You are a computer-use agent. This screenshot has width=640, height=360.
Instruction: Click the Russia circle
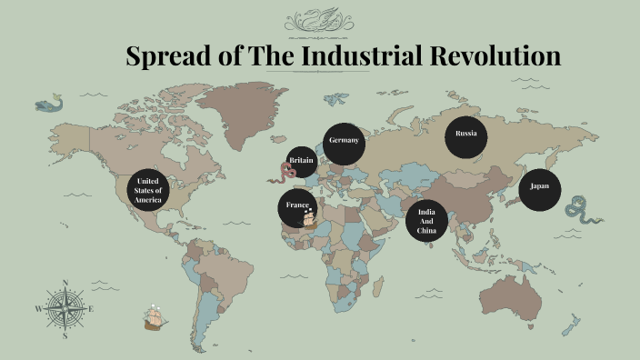(x=465, y=135)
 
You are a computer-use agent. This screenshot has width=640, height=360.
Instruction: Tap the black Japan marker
(x=540, y=187)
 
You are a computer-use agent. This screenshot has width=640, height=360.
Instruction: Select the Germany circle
(x=345, y=142)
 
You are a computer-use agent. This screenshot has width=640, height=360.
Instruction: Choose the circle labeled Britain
(x=302, y=161)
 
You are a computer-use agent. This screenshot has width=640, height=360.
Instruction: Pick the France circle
(x=296, y=206)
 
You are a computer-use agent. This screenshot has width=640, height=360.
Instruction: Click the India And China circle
(x=426, y=221)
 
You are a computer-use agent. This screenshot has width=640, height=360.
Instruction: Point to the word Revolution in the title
(x=491, y=56)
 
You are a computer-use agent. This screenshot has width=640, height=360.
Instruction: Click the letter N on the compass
(x=65, y=283)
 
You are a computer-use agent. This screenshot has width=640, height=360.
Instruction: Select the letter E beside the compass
(x=92, y=309)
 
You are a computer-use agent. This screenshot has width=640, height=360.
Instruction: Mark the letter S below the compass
(x=65, y=335)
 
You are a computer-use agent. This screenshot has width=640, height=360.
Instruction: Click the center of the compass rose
(x=65, y=309)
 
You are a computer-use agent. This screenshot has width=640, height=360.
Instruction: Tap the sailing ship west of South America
(x=156, y=317)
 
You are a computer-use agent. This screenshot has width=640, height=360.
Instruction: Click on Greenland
(x=240, y=114)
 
